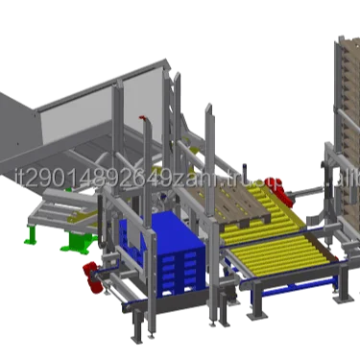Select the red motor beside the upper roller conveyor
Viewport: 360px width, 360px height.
click(279, 197)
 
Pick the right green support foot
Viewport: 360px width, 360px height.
click(71, 245)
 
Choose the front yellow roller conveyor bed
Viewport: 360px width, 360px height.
click(274, 254)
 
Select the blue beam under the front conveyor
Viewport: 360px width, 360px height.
click(288, 285)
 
